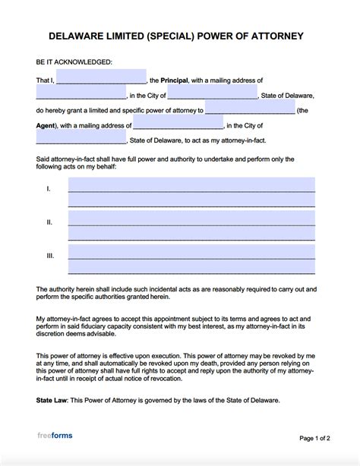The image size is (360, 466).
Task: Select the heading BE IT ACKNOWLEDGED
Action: tap(74, 61)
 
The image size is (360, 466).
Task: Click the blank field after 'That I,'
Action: tap(101, 77)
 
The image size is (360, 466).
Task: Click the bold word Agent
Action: tap(47, 125)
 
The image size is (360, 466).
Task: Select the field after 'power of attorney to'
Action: tap(249, 109)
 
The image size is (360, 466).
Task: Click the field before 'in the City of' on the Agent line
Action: tap(178, 124)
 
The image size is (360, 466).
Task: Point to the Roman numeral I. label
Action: tap(49, 188)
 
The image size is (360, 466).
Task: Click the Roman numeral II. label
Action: tap(49, 222)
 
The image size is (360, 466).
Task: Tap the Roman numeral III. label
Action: tap(50, 256)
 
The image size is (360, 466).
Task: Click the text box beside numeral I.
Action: tap(191, 192)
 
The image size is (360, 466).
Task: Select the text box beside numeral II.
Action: tap(191, 225)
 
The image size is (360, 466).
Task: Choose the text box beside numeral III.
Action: tap(191, 259)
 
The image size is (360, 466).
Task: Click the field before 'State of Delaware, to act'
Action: tap(81, 139)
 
